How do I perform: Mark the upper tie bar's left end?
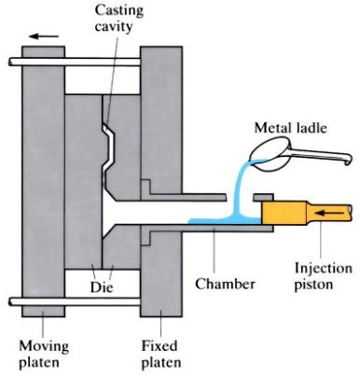coord(14,63)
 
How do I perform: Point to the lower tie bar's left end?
coord(14,301)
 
